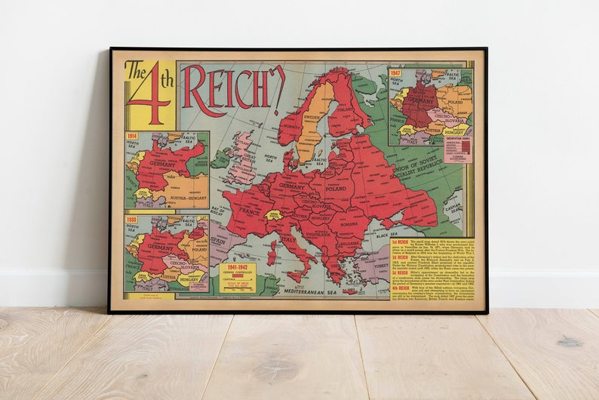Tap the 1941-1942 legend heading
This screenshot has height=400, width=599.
point(237,267)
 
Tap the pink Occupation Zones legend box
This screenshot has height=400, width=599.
point(457,149)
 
